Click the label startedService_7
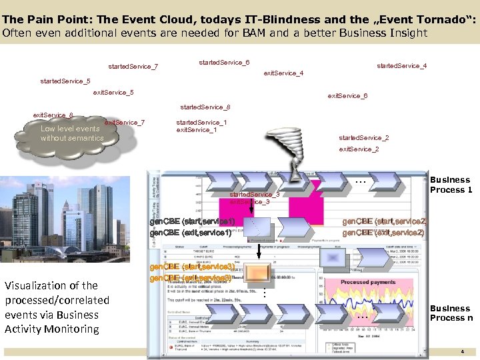[133, 67]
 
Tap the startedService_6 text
[225, 63]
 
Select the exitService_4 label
[284, 73]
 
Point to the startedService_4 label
[402, 66]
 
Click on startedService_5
[65, 81]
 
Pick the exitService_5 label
[113, 92]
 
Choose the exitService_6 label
[347, 96]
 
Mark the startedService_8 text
[206, 107]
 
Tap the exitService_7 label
[125, 123]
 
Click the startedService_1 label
[201, 123]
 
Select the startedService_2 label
[364, 138]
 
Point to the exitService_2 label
[359, 149]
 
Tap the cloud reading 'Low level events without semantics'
[72, 133]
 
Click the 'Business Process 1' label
[451, 185]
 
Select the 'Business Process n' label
[451, 313]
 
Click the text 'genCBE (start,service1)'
[193, 221]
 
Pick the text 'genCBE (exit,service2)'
[383, 233]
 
